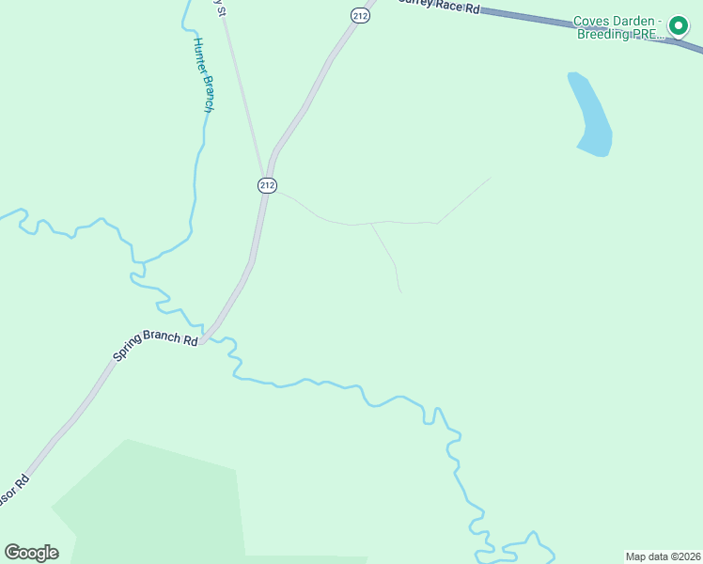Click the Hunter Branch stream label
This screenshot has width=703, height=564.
pyautogui.click(x=203, y=75)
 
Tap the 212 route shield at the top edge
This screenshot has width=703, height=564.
pyautogui.click(x=360, y=15)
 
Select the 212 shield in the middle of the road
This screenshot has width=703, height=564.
pyautogui.click(x=267, y=185)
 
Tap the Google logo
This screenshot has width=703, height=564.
pyautogui.click(x=31, y=553)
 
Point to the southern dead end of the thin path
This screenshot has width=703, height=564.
pyautogui.click(x=400, y=291)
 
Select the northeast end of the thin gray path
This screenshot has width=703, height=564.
pyautogui.click(x=490, y=178)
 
